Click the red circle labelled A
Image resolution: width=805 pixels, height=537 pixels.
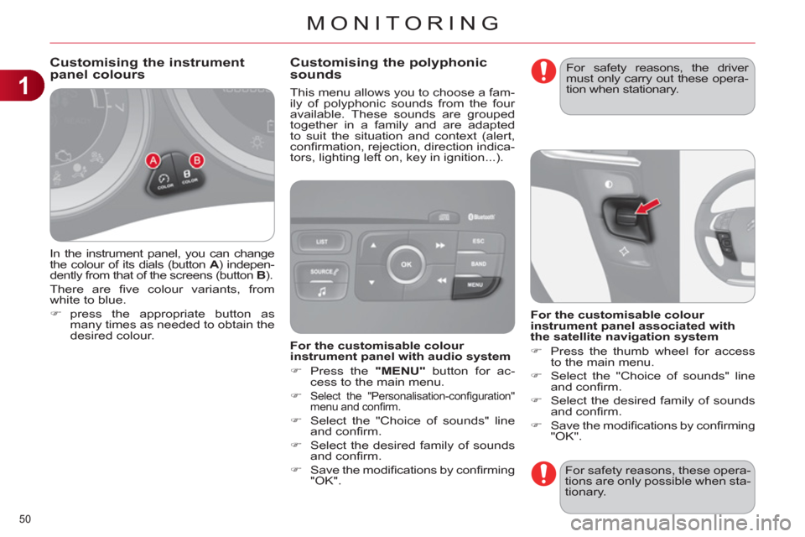pos(153,161)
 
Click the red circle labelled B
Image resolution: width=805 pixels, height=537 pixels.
pos(196,160)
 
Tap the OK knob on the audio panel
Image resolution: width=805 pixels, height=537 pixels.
pos(406,264)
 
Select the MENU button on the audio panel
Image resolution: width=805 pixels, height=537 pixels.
pos(475,287)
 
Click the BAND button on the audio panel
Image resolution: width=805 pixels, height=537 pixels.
pos(479,264)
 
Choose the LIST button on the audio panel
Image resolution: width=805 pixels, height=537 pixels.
pos(322,242)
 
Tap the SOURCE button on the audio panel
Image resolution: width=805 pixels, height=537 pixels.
pos(321,272)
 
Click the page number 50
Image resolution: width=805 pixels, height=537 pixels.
pos(25,519)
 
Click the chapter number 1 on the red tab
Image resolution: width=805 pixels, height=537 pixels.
pos(23,86)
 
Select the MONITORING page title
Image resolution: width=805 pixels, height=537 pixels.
pos(403,23)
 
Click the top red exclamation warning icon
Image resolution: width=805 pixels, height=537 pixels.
pos(543,70)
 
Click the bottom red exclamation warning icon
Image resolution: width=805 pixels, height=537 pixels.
pos(543,473)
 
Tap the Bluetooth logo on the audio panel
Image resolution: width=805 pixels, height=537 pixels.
pos(481,216)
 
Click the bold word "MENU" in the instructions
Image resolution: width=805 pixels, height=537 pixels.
pos(401,371)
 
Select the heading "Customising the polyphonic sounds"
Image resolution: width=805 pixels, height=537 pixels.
pos(388,68)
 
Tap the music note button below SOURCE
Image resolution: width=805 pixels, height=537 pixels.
pos(322,292)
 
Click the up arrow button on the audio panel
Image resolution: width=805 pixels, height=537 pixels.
pos(373,245)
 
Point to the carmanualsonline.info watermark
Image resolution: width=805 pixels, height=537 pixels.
pos(681,524)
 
